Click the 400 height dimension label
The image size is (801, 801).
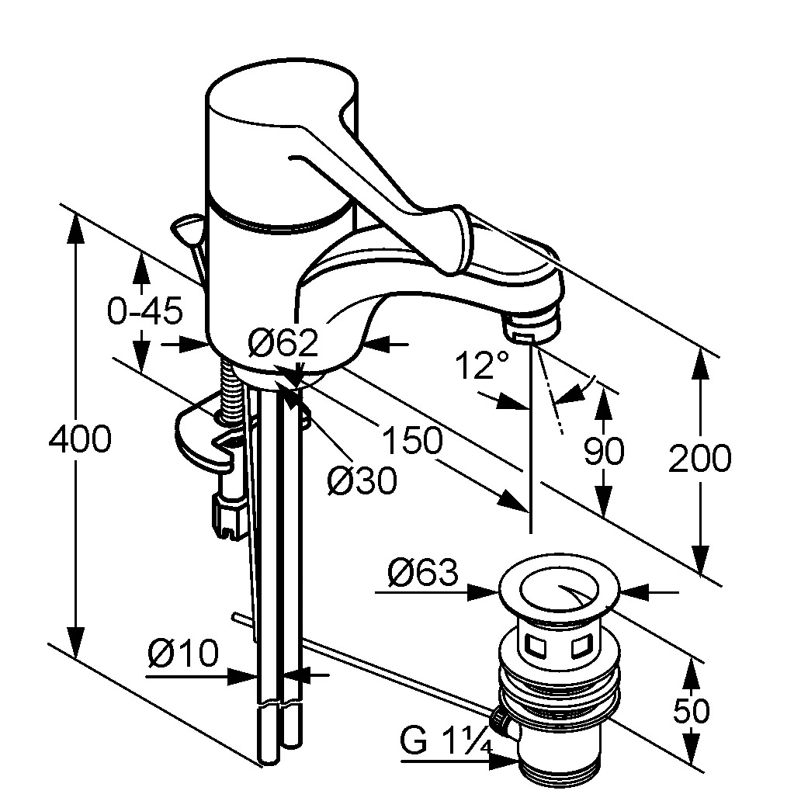pyautogui.click(x=80, y=441)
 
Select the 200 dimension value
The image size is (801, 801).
pyautogui.click(x=699, y=459)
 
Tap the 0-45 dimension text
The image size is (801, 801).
pyautogui.click(x=144, y=311)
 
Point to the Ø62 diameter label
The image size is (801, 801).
pyautogui.click(x=283, y=342)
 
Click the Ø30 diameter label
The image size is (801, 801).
pyautogui.click(x=361, y=481)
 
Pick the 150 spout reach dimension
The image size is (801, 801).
pyautogui.click(x=411, y=442)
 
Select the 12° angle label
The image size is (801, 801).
pyautogui.click(x=482, y=365)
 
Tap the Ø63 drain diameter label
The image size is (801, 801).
pyautogui.click(x=423, y=574)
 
